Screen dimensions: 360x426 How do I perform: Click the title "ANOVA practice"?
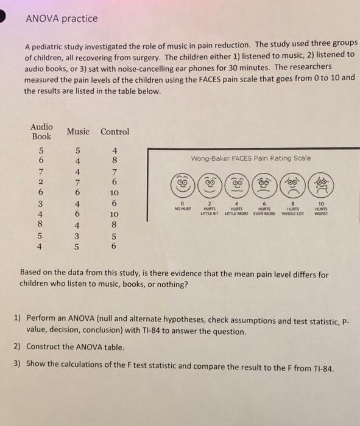(x=61, y=19)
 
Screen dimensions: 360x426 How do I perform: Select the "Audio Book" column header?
(x=41, y=131)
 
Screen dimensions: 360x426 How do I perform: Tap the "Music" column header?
(x=78, y=131)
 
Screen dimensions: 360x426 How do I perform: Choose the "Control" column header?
(x=115, y=131)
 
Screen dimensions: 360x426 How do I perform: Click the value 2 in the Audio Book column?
(x=41, y=182)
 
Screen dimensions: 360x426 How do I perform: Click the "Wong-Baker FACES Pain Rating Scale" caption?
(x=251, y=158)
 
